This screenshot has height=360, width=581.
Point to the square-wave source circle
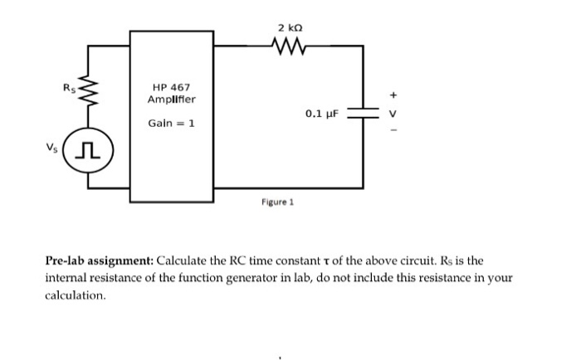point(88,152)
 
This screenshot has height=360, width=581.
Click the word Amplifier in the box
point(172,100)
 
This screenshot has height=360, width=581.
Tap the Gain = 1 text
point(171,123)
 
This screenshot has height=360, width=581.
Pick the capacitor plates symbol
point(362,114)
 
